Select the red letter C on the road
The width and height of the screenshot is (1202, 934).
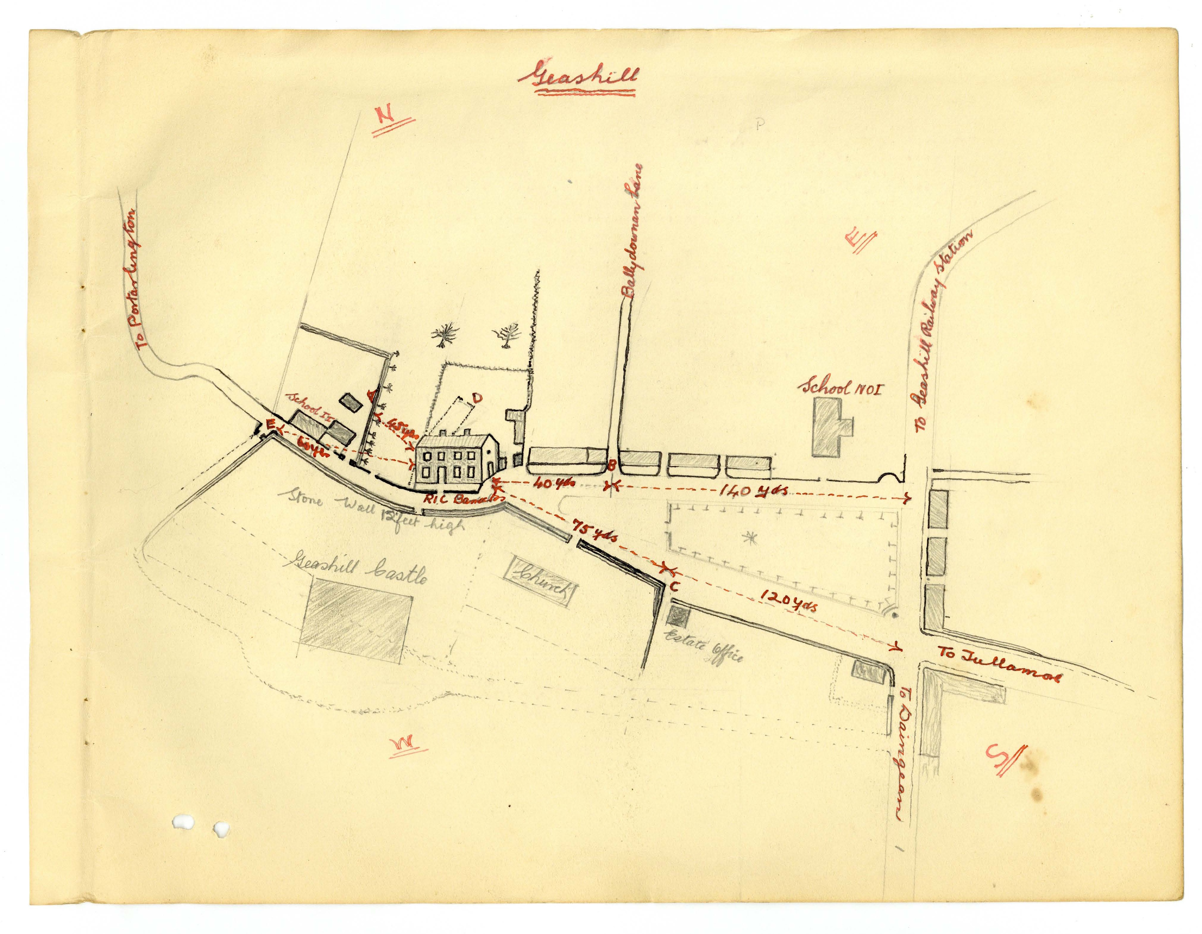pyautogui.click(x=674, y=587)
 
